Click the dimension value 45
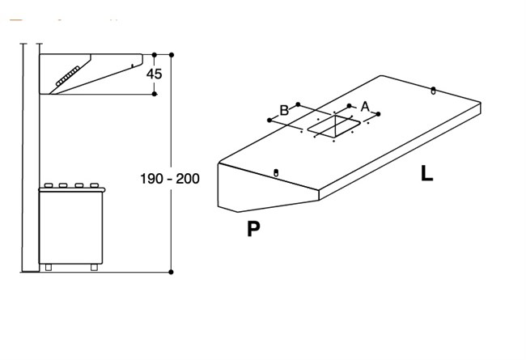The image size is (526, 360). tap(154, 74)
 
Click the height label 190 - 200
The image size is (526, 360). tap(170, 179)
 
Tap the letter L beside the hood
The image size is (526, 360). tap(426, 174)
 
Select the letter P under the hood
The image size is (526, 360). tap(253, 229)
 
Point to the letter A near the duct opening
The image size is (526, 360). tap(365, 107)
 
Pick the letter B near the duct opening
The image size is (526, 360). tap(284, 110)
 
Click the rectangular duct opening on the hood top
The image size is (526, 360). tap(334, 126)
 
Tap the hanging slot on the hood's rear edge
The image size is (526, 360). tap(433, 91)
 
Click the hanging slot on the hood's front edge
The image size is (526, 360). tap(276, 173)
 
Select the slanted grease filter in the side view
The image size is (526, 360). tap(68, 76)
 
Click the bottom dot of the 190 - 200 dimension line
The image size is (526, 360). tap(171, 272)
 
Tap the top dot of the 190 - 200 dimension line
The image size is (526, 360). tap(172, 55)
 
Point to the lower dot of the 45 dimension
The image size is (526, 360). tap(155, 94)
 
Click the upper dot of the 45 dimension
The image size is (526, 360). tap(155, 55)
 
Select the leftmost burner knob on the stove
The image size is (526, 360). tap(49, 185)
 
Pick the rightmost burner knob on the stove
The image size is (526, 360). tap(95, 185)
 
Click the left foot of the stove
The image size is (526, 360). tap(49, 267)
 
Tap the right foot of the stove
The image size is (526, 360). tap(94, 267)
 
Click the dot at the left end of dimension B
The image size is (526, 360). tap(269, 120)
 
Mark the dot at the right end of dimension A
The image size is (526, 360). tap(379, 114)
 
